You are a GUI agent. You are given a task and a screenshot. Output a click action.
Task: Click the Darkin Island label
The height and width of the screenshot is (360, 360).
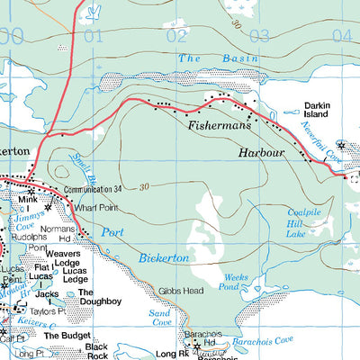pos(319,109)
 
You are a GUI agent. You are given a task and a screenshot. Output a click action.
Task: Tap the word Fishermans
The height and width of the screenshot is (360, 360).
pos(218,127)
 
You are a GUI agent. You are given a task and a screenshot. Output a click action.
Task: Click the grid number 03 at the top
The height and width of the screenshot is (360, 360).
pos(259,36)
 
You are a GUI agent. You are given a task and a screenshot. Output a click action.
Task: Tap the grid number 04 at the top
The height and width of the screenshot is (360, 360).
pos(341,36)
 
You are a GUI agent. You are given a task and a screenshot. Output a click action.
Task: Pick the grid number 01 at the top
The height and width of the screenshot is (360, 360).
pos(93,36)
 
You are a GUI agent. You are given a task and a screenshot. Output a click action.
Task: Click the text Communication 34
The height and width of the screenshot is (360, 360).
pos(93,190)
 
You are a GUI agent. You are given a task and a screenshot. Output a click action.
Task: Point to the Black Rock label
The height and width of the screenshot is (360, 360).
pos(96,351)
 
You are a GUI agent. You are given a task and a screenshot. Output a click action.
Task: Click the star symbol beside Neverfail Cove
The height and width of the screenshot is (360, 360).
pos(340,144)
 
